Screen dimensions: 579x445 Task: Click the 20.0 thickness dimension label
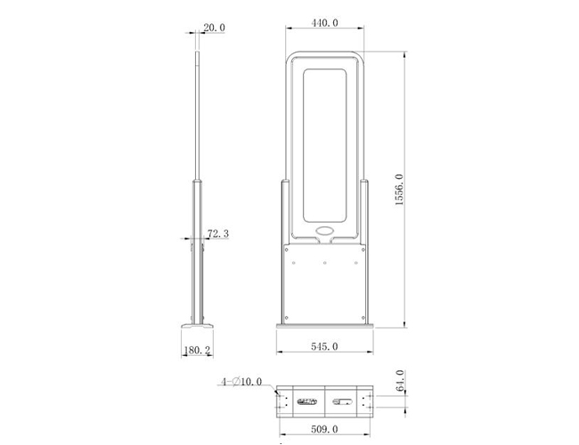[214, 28]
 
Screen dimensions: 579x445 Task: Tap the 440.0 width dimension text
[324, 23]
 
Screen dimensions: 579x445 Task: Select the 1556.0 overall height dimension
[399, 190]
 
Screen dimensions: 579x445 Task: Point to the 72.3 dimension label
[218, 233]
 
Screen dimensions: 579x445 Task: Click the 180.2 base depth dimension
[198, 350]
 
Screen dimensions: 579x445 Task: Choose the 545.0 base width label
[324, 346]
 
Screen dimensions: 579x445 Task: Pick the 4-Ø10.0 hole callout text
[241, 382]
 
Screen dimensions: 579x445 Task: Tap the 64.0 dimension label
[400, 381]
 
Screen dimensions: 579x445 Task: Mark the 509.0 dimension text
[324, 429]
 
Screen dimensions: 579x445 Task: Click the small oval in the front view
[325, 231]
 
